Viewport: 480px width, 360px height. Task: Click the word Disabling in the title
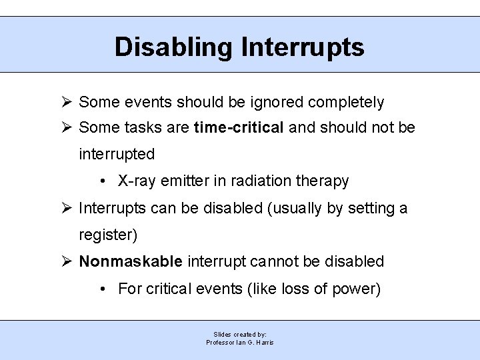(173, 47)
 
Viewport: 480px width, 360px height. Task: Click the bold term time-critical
(239, 127)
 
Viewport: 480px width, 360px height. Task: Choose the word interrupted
(117, 155)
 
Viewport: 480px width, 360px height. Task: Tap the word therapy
(323, 181)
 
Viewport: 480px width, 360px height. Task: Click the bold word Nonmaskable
(131, 261)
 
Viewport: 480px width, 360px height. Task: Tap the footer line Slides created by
(240, 334)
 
